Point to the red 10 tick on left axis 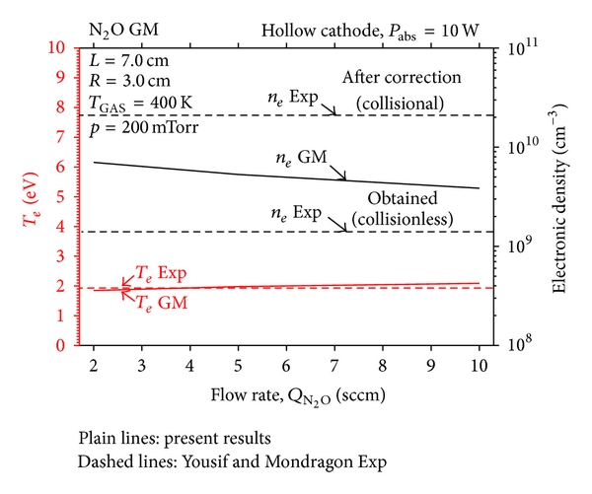pos(58,47)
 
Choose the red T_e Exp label pos(161,272)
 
